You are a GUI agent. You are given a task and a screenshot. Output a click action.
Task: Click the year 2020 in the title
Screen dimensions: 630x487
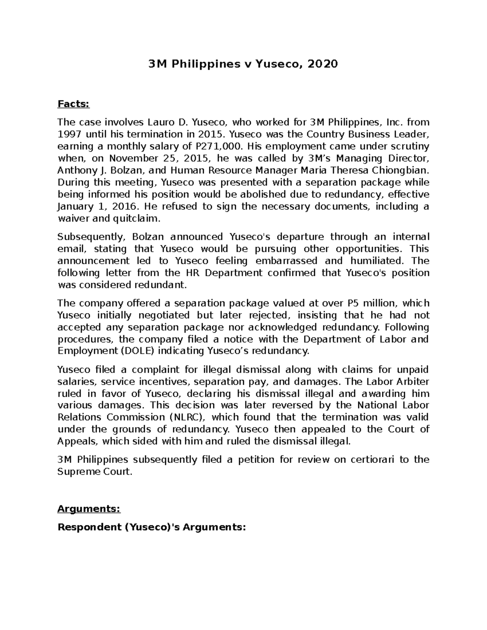pyautogui.click(x=323, y=64)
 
